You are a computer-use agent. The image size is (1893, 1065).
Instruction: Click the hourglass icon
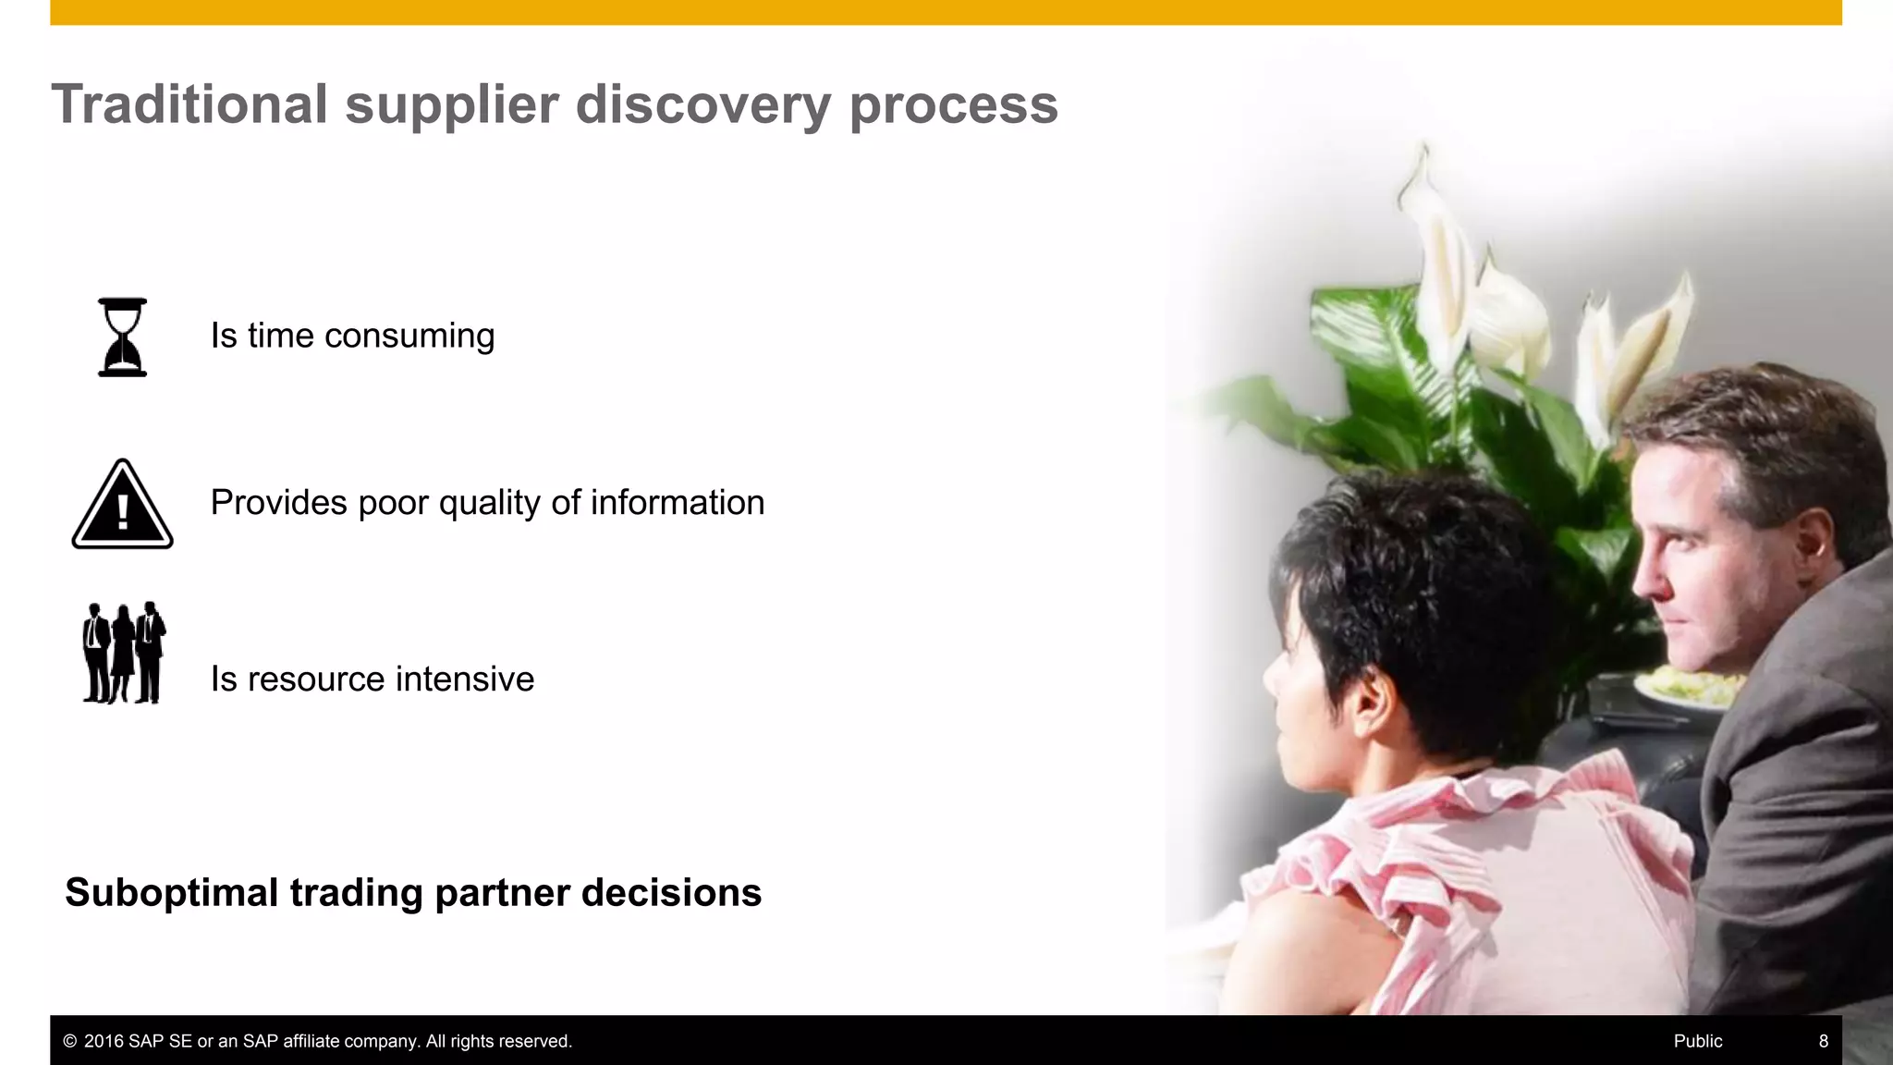point(122,337)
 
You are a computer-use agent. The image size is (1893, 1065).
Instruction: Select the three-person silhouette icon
point(124,653)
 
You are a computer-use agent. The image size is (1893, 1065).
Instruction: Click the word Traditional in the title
point(189,104)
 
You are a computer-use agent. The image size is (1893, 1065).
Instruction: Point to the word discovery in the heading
point(702,104)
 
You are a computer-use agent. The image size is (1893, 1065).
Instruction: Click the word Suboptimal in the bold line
point(172,893)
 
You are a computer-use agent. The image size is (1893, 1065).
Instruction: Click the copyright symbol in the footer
point(69,1042)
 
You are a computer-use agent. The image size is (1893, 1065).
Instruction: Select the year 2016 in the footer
point(104,1042)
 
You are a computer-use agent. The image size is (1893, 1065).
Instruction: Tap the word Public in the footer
point(1698,1042)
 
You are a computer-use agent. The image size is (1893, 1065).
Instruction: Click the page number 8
point(1823,1042)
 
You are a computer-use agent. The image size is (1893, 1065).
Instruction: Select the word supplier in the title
point(451,104)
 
